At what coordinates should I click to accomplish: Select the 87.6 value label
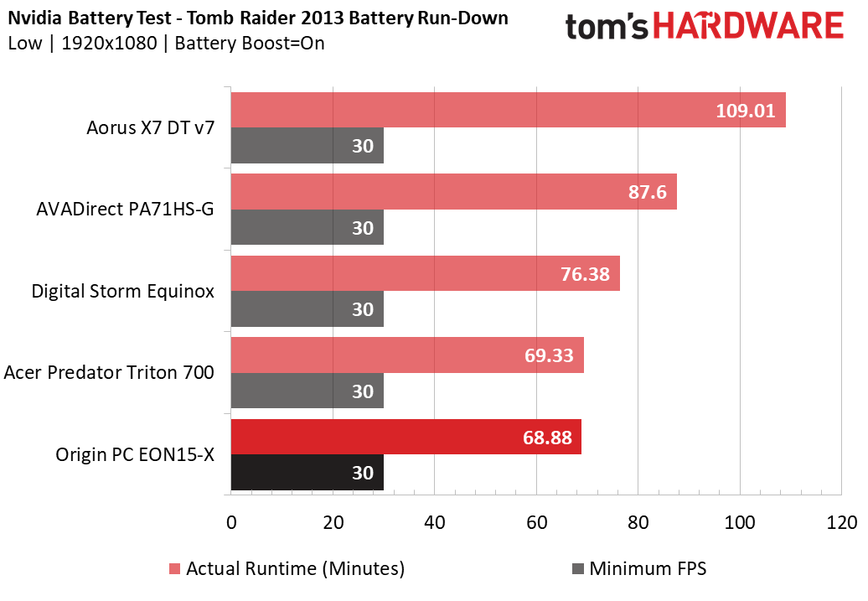[x=647, y=192]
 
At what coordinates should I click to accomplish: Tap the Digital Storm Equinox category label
[x=122, y=292]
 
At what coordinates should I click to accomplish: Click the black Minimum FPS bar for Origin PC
[x=306, y=473]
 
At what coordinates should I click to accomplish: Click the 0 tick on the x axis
[x=231, y=522]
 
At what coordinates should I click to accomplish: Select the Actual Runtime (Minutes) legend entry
[x=287, y=569]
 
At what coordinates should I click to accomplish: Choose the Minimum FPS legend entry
[x=638, y=569]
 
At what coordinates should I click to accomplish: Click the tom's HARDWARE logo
[x=704, y=28]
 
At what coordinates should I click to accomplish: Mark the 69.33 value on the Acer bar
[x=550, y=355]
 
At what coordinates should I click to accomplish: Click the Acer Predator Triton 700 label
[x=109, y=372]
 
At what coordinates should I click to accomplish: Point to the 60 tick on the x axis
[x=536, y=522]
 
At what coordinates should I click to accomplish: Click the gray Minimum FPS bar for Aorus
[x=306, y=145]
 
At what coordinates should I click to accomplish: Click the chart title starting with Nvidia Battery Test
[x=258, y=18]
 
